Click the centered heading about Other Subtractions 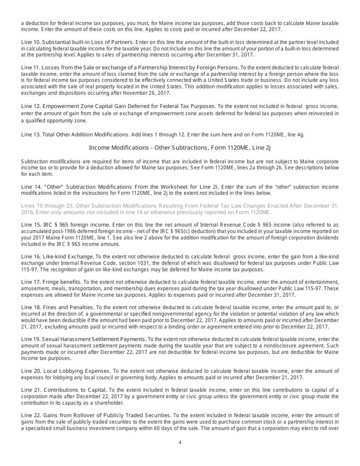pyautogui.click(x=180, y=147)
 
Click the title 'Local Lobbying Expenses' pyautogui.click(x=77, y=371)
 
